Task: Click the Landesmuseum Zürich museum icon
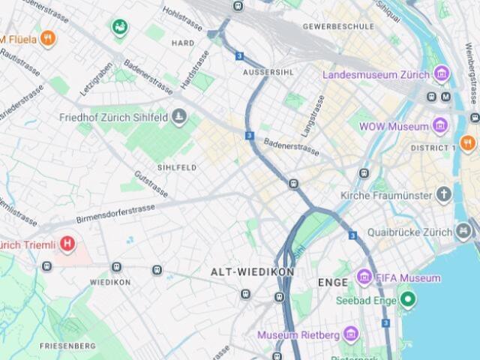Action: [x=442, y=74]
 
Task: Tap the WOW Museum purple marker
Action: [x=441, y=126]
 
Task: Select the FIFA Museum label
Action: [x=409, y=277]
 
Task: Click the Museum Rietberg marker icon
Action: [x=352, y=334]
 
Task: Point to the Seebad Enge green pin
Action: [x=408, y=301]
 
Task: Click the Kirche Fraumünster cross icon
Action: [x=445, y=195]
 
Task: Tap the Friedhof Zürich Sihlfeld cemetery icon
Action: [x=178, y=116]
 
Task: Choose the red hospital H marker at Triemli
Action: [x=67, y=244]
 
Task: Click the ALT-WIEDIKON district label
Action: [x=252, y=271]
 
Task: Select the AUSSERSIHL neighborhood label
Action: [x=268, y=70]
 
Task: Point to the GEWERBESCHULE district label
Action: [x=338, y=26]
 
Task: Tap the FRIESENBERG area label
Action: [x=68, y=346]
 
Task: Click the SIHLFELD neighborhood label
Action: [x=177, y=166]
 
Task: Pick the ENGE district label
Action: [x=332, y=283]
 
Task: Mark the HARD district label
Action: [x=183, y=43]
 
